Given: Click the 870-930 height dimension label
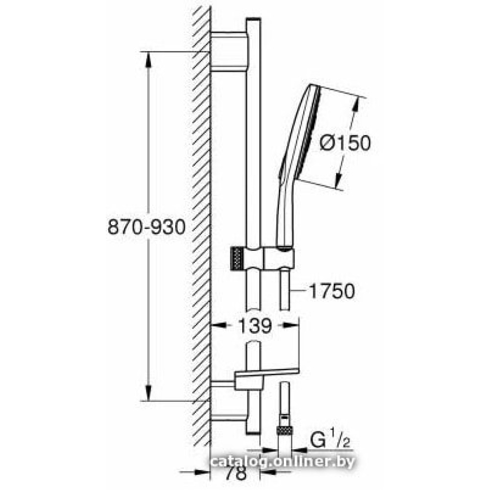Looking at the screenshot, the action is tap(146, 227).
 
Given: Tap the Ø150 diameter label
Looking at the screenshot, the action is tap(345, 143).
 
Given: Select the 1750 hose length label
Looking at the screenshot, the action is tap(331, 291).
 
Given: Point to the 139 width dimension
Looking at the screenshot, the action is tap(255, 326).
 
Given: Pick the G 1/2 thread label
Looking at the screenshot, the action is tap(330, 441).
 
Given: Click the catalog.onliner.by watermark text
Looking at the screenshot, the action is tap(283, 461).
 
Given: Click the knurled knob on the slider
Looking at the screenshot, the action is tap(237, 258).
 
